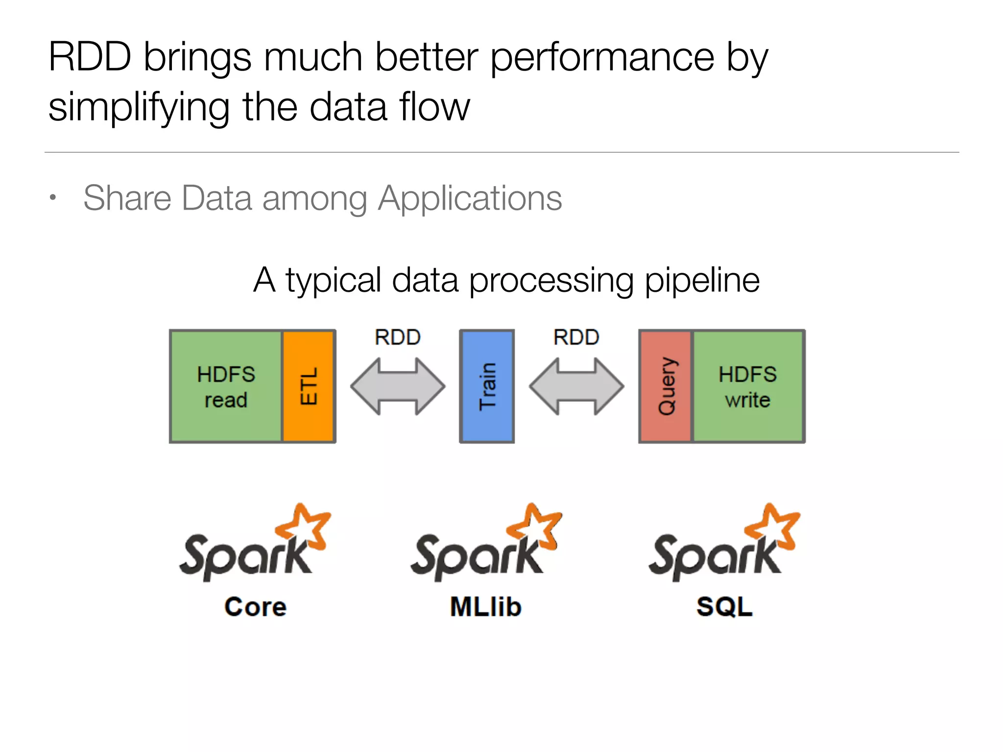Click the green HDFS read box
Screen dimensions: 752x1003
[x=226, y=386]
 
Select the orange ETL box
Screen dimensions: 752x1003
[x=309, y=386]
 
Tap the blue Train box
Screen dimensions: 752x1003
[x=487, y=386]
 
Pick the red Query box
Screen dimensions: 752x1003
[x=666, y=386]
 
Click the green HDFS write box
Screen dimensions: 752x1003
[x=748, y=386]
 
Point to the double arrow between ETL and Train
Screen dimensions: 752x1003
[x=398, y=386]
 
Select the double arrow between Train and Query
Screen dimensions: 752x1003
[x=576, y=386]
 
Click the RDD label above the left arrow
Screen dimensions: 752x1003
[x=398, y=337]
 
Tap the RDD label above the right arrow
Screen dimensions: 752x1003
[x=576, y=337]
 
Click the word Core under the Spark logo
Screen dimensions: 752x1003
[x=255, y=607]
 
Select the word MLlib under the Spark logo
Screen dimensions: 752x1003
[x=485, y=607]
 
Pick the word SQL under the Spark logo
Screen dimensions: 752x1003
[x=724, y=607]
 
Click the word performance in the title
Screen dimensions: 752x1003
[x=602, y=58]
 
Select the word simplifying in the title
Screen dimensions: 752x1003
[x=139, y=108]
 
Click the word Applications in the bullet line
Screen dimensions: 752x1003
[x=470, y=198]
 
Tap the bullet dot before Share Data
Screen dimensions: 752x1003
[x=53, y=197]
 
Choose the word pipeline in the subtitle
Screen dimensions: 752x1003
[x=702, y=281]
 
